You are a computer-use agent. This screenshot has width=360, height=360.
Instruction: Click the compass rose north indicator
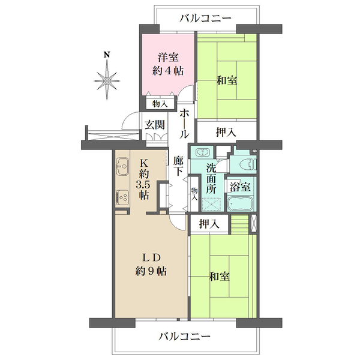pyautogui.click(x=107, y=76)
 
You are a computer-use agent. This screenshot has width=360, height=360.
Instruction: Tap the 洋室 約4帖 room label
pyautogui.click(x=168, y=64)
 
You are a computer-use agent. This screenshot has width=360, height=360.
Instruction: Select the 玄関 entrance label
pyautogui.click(x=155, y=125)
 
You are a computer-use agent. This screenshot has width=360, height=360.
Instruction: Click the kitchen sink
pyautogui.click(x=122, y=166)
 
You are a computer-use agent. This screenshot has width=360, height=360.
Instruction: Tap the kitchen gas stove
pyautogui.click(x=122, y=197)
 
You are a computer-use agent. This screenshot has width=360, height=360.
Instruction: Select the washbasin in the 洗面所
pyautogui.click(x=202, y=152)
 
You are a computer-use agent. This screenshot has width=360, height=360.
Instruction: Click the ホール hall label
pyautogui.click(x=184, y=124)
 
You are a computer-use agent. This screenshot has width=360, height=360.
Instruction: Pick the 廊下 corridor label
pyautogui.click(x=178, y=166)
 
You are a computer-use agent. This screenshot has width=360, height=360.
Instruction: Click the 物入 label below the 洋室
pyautogui.click(x=160, y=104)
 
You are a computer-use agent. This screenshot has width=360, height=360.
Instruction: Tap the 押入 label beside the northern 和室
pyautogui.click(x=226, y=132)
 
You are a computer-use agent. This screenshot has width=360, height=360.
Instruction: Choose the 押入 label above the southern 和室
pyautogui.click(x=209, y=224)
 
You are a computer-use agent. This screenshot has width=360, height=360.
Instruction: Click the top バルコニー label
pyautogui.click(x=205, y=19)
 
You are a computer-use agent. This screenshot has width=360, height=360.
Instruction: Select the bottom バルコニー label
pyautogui.click(x=184, y=337)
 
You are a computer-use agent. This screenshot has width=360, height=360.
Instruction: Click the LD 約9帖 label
pyautogui.click(x=151, y=265)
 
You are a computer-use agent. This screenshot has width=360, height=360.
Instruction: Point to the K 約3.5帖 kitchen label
pyautogui.click(x=144, y=179)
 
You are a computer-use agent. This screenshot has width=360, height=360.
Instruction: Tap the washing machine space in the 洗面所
pyautogui.click(x=211, y=205)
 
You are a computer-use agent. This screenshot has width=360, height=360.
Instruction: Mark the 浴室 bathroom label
pyautogui.click(x=240, y=187)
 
